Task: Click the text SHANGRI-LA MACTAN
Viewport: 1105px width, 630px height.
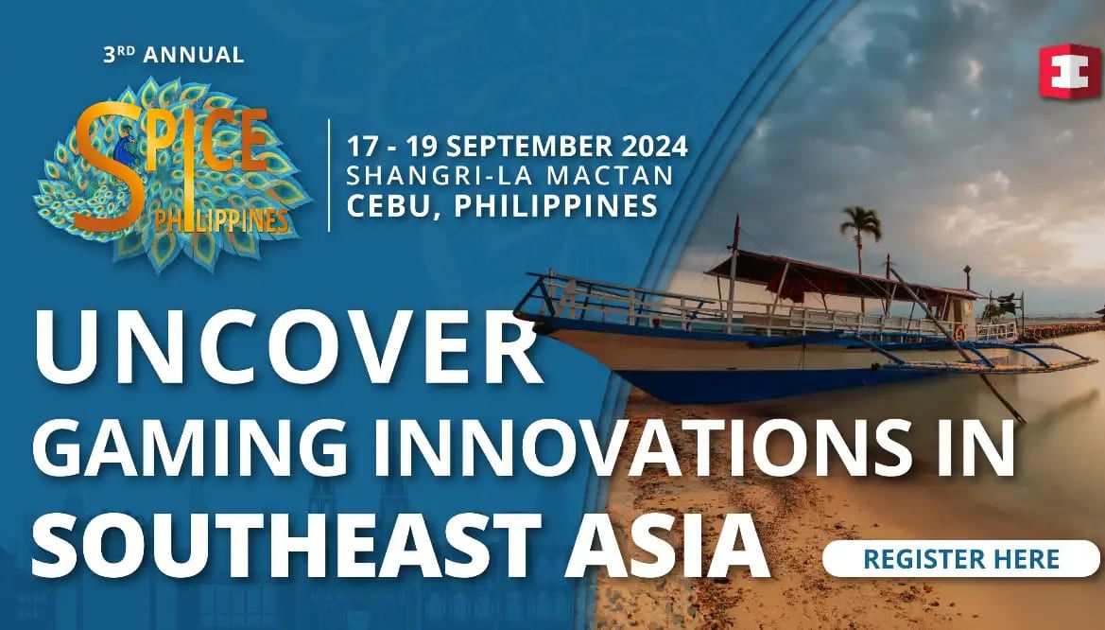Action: pyautogui.click(x=510, y=176)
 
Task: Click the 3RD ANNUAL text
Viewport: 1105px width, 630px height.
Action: pyautogui.click(x=173, y=55)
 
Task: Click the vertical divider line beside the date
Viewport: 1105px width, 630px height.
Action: pyautogui.click(x=329, y=175)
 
